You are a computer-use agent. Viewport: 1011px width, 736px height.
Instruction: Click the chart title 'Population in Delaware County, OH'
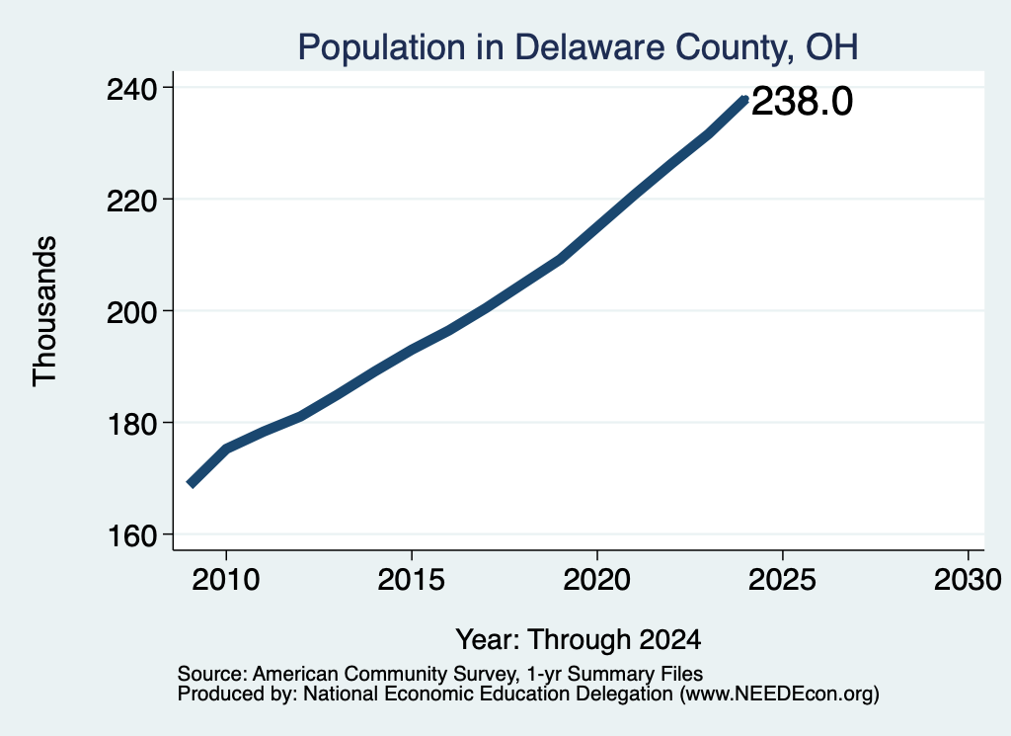[578, 47]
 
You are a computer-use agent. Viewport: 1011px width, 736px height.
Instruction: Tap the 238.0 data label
[802, 102]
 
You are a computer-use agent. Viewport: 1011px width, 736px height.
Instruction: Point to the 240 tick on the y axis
[131, 89]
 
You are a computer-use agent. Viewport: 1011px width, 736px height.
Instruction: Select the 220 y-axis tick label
[131, 201]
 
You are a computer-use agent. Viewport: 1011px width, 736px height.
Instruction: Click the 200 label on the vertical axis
[131, 312]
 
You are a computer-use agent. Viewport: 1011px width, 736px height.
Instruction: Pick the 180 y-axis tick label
[131, 424]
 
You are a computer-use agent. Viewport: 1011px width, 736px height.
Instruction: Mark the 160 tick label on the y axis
[131, 536]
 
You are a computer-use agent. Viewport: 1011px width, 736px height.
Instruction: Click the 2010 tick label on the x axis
[226, 580]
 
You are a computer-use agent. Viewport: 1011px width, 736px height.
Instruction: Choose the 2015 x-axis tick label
[412, 580]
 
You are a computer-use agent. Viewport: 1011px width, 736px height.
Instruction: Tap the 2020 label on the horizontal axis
[597, 580]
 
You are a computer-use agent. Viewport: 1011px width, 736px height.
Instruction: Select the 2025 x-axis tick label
[782, 580]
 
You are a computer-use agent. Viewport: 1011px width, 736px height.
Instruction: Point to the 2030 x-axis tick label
[968, 580]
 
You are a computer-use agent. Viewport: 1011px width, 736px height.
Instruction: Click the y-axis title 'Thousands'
[45, 311]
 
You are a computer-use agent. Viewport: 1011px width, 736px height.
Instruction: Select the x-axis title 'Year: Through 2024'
[579, 640]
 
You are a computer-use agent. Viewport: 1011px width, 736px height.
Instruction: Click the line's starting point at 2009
[191, 484]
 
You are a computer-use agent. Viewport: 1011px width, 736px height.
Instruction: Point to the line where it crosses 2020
[597, 227]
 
